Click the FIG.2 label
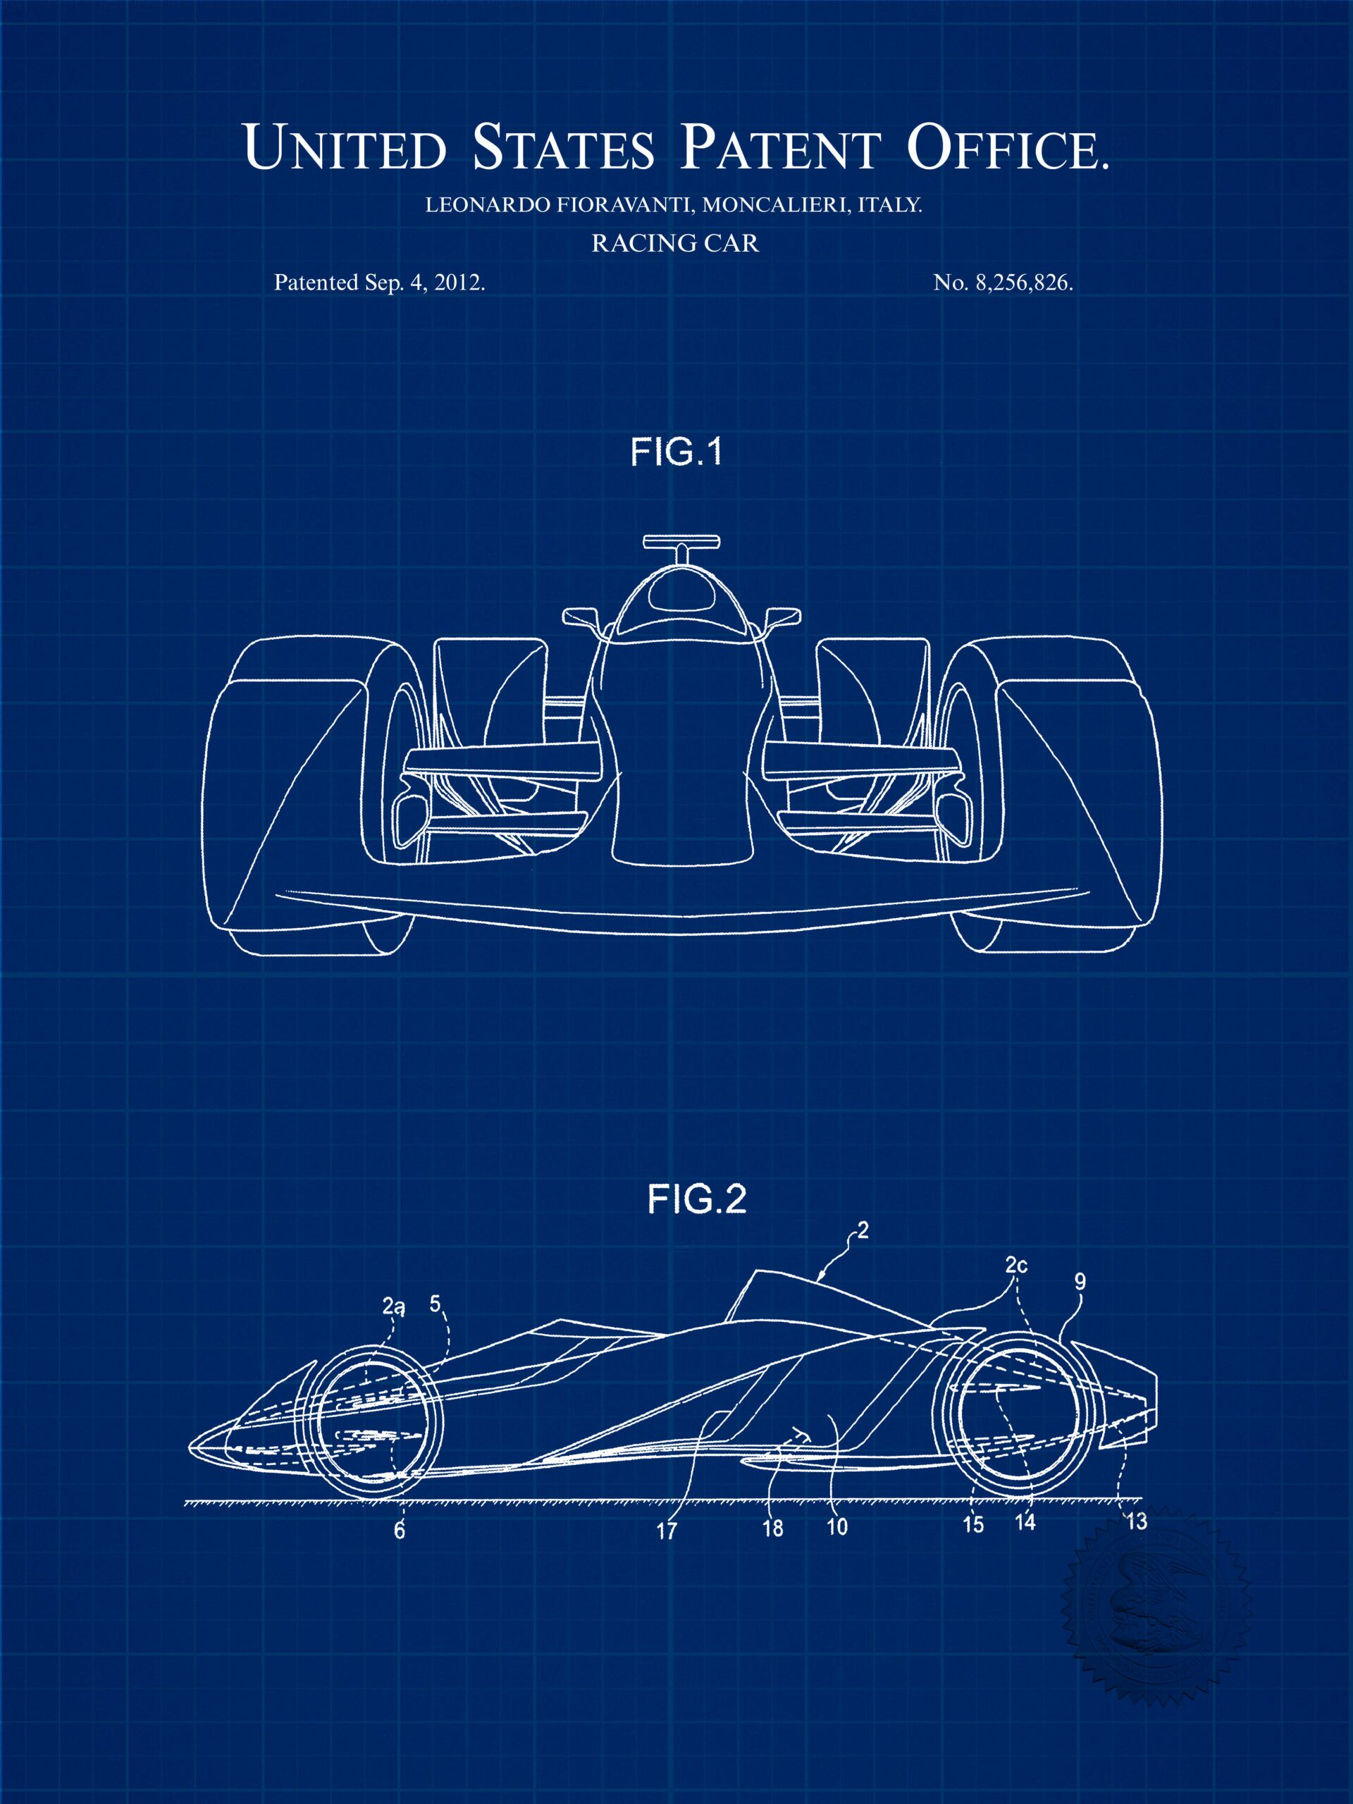click(x=698, y=1199)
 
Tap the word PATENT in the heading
click(x=781, y=147)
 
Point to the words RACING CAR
click(x=675, y=243)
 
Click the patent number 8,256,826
click(x=1018, y=283)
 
